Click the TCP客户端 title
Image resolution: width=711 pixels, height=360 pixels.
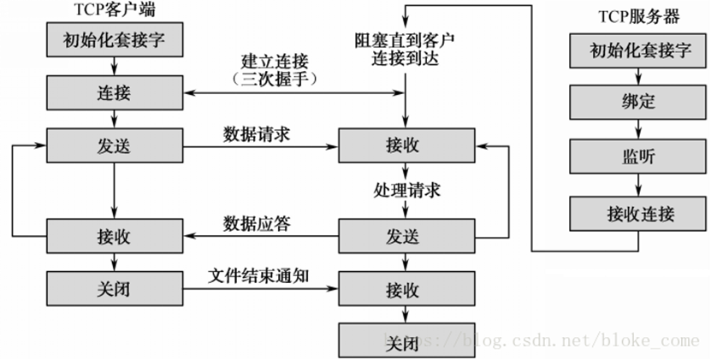click(115, 10)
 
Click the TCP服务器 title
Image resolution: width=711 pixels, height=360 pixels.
click(639, 17)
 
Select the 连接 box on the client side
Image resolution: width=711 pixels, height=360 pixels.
click(115, 92)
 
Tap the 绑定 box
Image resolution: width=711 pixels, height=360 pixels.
click(638, 102)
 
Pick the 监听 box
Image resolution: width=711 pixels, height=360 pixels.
click(638, 156)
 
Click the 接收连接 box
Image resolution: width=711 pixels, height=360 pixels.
click(638, 214)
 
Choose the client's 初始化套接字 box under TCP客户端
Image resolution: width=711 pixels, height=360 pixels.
click(115, 40)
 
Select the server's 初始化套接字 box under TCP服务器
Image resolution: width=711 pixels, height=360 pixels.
click(638, 50)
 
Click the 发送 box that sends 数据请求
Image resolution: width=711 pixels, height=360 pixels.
click(115, 145)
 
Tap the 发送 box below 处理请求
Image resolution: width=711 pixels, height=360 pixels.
click(406, 236)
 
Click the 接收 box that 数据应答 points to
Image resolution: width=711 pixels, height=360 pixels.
click(115, 236)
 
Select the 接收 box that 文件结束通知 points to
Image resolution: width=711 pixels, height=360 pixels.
click(406, 289)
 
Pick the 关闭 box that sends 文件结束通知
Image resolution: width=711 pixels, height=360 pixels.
click(115, 289)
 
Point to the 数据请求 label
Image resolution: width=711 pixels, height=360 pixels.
click(257, 134)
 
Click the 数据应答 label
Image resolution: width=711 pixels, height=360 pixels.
click(257, 223)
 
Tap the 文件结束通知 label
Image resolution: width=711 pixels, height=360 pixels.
click(258, 275)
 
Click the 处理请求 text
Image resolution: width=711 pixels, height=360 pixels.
click(406, 191)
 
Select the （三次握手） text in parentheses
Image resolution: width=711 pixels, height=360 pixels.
click(275, 79)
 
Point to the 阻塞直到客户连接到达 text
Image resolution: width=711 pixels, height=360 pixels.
click(405, 50)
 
